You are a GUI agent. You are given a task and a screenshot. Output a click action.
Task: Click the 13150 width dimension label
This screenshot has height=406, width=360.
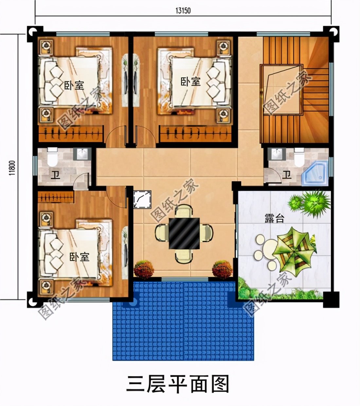coord(183,10)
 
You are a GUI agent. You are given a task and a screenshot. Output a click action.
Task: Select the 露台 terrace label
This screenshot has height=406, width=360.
coord(274,219)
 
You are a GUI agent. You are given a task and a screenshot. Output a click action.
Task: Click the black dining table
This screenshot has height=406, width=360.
coord(184,233)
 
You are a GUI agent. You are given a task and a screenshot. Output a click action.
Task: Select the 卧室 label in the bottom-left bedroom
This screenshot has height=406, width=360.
coord(79,257)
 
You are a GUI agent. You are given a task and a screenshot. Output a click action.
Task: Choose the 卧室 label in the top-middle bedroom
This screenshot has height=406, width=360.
coord(190,81)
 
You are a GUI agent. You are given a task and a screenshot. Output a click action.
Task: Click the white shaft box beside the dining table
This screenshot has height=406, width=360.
coord(142,199)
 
